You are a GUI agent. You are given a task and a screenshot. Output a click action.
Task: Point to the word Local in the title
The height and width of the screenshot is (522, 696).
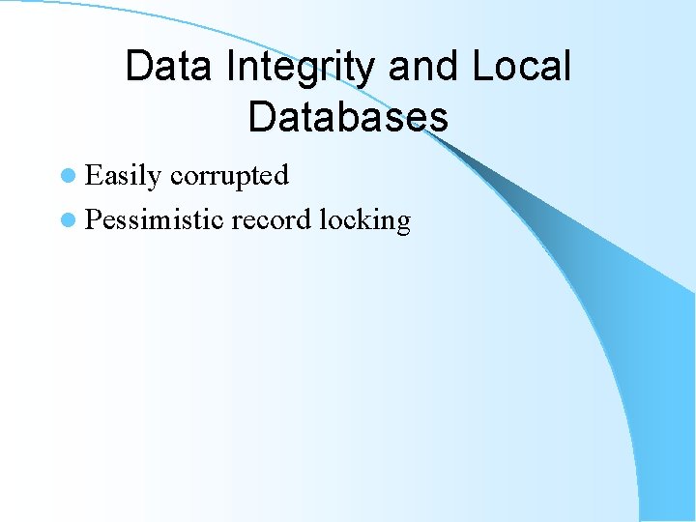coord(523,67)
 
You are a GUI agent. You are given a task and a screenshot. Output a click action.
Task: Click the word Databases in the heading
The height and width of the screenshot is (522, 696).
coord(348,117)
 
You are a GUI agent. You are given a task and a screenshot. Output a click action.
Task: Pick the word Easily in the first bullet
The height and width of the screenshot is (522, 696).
coord(123,176)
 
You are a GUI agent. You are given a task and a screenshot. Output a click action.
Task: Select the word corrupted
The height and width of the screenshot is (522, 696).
coord(229,175)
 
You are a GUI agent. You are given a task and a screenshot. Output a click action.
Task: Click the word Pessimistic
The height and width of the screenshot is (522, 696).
coord(155,219)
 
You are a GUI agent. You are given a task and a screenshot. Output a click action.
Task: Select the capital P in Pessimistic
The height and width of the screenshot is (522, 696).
coord(93,219)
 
